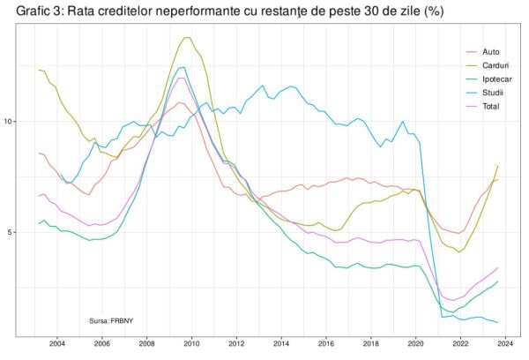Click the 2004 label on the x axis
(56, 345)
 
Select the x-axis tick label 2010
(191, 345)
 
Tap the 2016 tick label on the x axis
(326, 345)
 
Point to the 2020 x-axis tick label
(416, 345)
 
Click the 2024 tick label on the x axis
(506, 345)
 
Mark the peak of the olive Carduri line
(187, 38)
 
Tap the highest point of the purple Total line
(181, 78)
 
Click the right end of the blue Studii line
(498, 322)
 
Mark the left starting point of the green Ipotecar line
(39, 224)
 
